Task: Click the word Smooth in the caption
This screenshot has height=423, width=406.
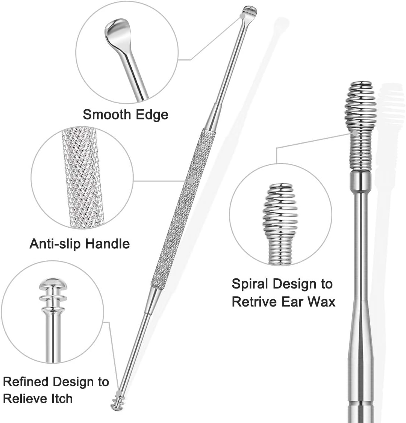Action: coord(106,114)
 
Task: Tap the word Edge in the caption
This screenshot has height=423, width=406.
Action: coord(150,115)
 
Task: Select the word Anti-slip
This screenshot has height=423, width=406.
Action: coord(55,244)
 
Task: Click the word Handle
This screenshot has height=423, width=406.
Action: coord(107,244)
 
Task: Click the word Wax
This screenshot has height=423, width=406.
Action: coord(322,301)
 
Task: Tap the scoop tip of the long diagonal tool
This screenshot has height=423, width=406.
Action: coord(250,11)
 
